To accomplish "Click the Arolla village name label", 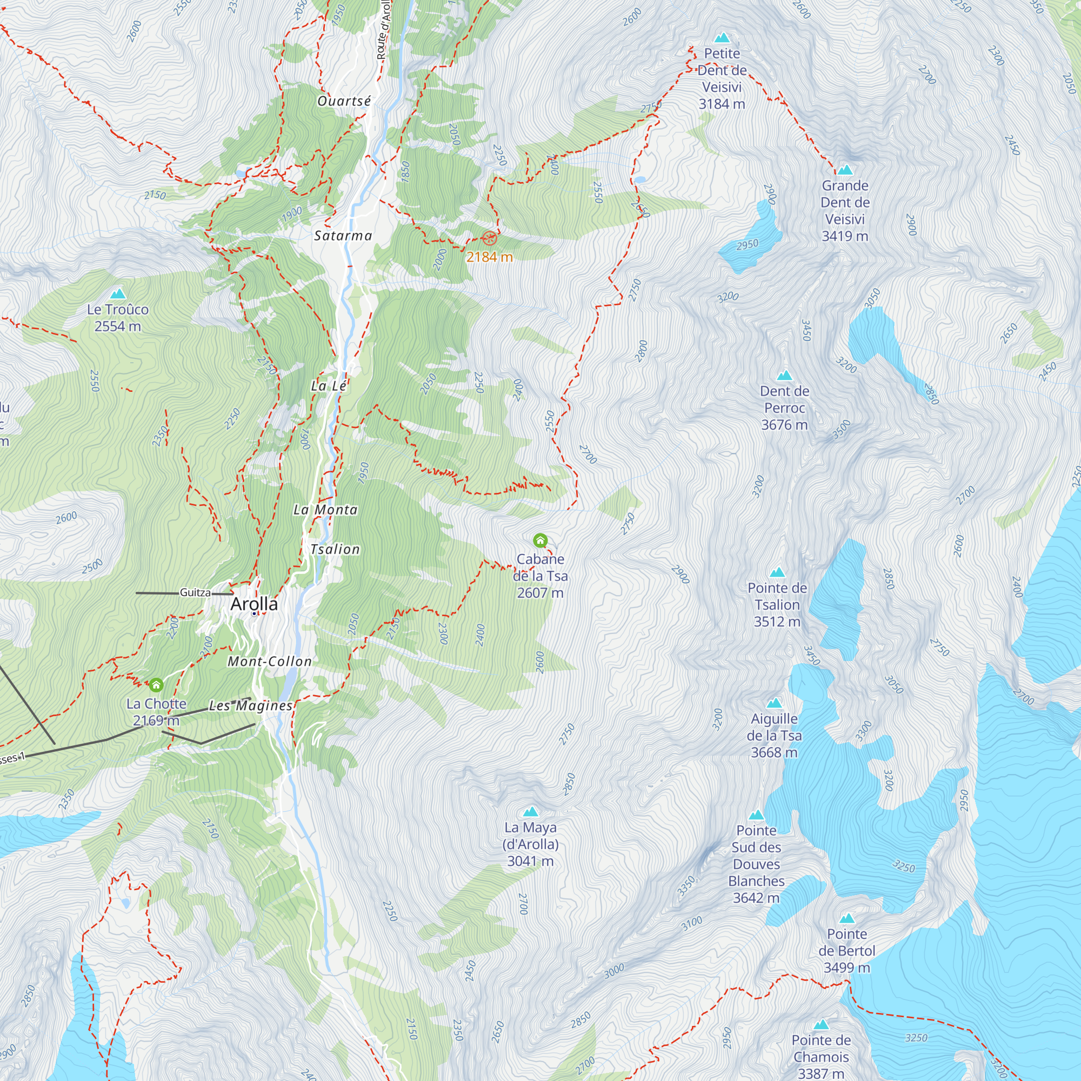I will coord(254,604).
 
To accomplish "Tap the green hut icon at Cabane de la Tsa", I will coord(540,540).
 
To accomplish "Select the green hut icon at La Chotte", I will coord(156,685).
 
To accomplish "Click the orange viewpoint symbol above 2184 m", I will coord(489,238).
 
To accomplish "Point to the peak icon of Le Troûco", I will coord(117,293).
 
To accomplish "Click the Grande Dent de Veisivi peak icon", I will coord(845,170).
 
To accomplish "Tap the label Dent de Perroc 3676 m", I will coord(784,408).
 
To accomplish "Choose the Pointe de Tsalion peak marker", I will coord(777,572).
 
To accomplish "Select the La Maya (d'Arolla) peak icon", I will coord(530,812).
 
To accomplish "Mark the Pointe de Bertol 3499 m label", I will coord(846,951).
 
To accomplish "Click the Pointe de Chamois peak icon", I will coord(821,1025).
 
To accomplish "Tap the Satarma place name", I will coord(343,236).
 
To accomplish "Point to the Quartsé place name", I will coord(344,101).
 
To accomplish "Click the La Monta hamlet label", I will coord(325,510).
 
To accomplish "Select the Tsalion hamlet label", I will coord(335,550).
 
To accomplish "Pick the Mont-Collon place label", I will coord(270,662).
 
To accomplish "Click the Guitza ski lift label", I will coord(195,592).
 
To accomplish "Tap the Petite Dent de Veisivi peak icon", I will coord(722,38).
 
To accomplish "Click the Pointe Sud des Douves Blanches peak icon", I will coord(757,815).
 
